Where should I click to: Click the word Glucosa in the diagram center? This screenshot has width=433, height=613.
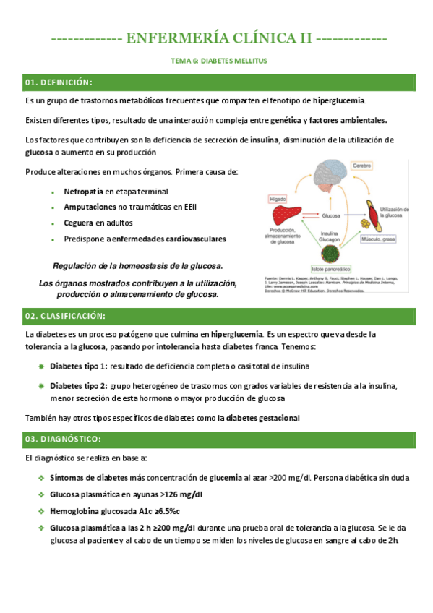click(331, 215)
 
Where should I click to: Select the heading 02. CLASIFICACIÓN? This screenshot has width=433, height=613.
click(65, 317)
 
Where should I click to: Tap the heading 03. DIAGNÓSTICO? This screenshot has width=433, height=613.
click(63, 440)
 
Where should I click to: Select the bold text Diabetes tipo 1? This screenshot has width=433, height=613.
click(79, 366)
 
